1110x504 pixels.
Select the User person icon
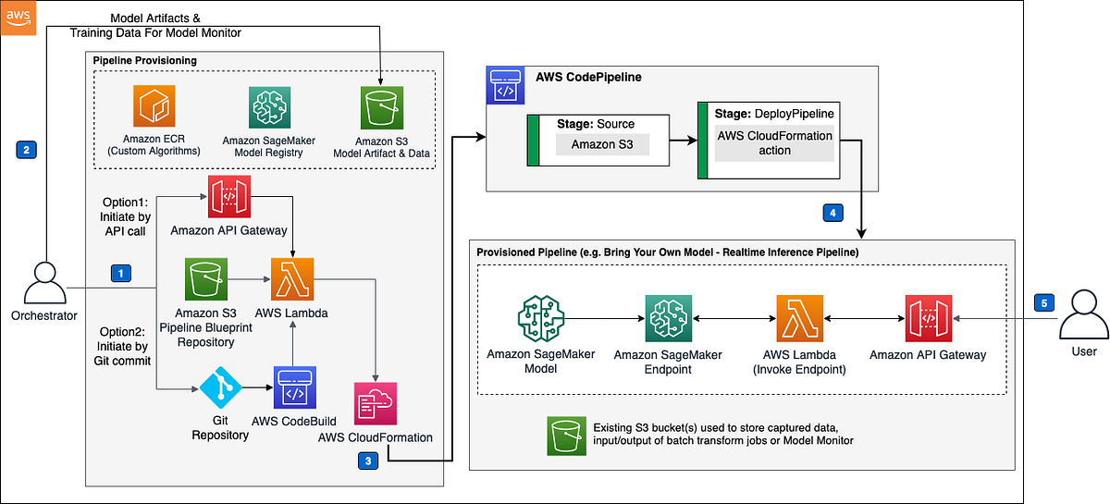(x=1083, y=313)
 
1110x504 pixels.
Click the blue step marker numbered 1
(x=119, y=273)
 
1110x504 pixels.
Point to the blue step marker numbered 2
(x=27, y=148)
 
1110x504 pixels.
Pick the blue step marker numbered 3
(x=368, y=460)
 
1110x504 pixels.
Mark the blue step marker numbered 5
(x=1042, y=302)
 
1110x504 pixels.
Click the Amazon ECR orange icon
(x=154, y=108)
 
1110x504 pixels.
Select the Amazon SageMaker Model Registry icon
(x=269, y=108)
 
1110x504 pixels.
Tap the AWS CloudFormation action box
(x=775, y=142)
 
